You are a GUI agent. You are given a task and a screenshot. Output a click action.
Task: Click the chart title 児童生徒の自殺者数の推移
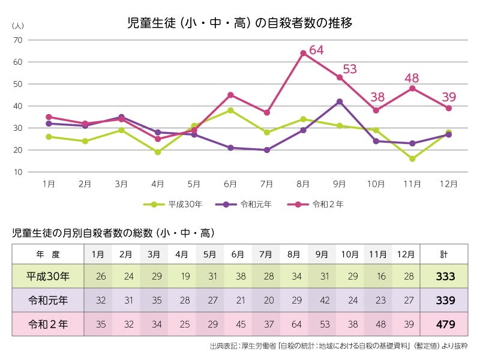click(239, 23)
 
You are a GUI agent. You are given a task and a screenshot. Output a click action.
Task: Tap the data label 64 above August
click(316, 50)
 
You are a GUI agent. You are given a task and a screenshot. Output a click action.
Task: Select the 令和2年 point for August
click(303, 53)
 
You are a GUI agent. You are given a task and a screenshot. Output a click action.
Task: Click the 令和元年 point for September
click(340, 101)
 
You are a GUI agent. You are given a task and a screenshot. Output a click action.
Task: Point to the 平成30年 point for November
click(412, 159)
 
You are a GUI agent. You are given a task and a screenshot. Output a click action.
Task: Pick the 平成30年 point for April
click(158, 152)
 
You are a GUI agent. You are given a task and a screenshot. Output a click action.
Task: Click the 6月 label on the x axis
click(230, 184)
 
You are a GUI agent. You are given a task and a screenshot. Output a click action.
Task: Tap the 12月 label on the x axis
click(448, 184)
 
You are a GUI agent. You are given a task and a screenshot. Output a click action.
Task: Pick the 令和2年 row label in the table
click(48, 325)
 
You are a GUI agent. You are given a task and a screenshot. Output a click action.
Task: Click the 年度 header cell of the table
click(48, 254)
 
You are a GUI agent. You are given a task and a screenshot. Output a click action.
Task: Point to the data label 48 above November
click(412, 77)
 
